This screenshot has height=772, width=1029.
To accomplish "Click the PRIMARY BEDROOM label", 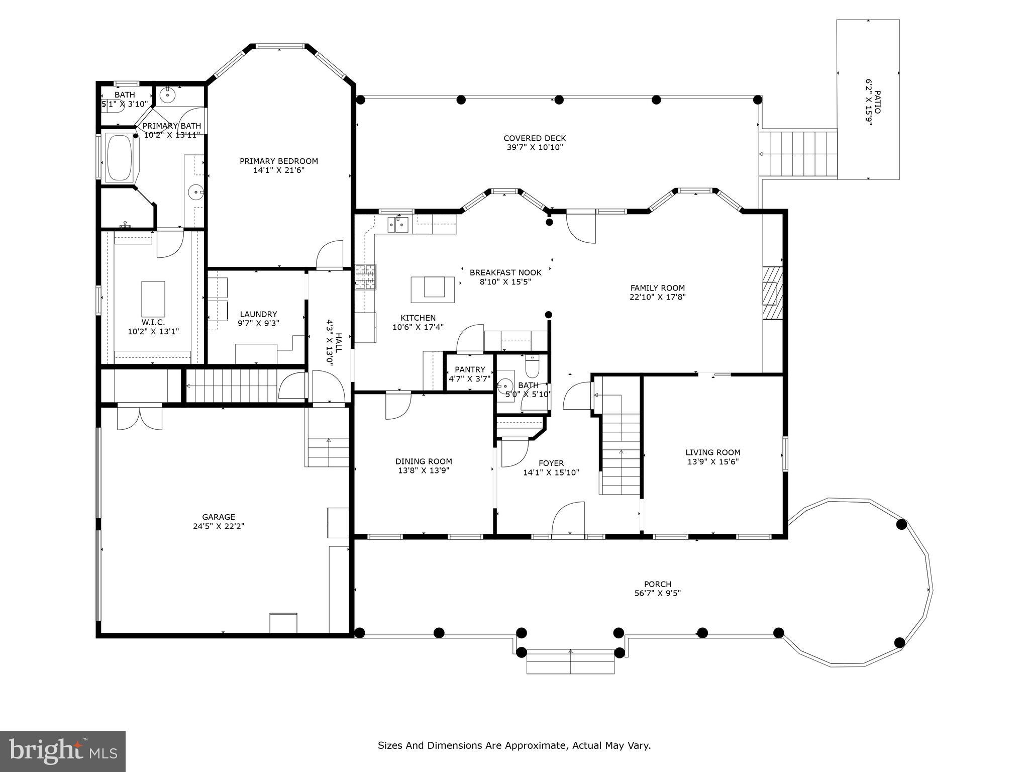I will coord(278,161).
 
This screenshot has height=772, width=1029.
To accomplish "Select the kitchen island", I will coord(433,289).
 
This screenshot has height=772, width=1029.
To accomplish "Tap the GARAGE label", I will coord(219,517).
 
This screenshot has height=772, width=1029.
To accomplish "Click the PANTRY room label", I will coord(470,369).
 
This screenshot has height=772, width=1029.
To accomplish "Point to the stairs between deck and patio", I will coord(798,154).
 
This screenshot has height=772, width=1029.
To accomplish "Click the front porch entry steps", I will coord(570,661).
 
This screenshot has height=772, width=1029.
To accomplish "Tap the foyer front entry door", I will coord(568,520).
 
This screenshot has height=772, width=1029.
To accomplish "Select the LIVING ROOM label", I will coord(712,452).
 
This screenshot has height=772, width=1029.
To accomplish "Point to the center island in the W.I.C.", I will coord(153,299).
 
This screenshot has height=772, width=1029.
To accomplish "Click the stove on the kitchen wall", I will coord(365,277).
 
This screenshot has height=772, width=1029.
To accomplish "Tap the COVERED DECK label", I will coord(535,138).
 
